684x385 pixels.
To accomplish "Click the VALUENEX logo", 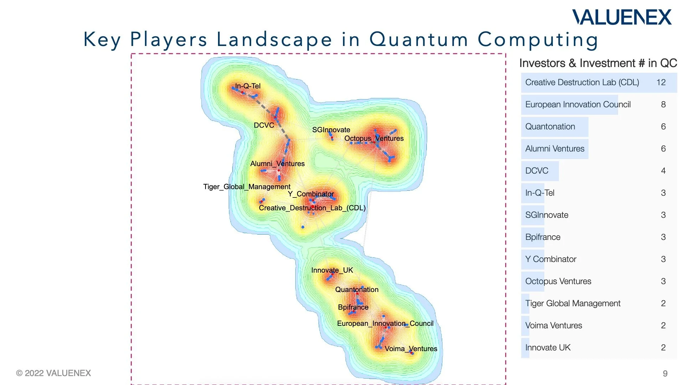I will point(622,17).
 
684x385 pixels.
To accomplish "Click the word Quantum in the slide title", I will point(419,39).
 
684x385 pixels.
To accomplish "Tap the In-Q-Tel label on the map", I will point(248,86).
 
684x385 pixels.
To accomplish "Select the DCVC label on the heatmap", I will point(264,125).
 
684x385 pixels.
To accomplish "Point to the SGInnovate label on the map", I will point(331,130).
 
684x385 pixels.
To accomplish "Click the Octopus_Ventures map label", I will point(374,138).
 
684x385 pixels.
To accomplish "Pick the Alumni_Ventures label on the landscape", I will point(277,164).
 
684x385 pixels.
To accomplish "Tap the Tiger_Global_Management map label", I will point(247,186).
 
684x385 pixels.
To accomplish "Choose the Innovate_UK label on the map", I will point(332,270).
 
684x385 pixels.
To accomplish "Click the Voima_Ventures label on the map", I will point(411,349).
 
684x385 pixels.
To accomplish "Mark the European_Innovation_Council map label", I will point(385,323).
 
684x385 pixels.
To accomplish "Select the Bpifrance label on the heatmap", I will point(353,307).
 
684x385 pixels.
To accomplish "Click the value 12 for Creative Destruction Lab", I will point(661,82).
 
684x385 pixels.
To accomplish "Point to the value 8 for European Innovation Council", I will point(663,104).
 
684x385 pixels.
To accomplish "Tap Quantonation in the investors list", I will point(550,127).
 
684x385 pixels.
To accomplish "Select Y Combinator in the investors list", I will point(551,259).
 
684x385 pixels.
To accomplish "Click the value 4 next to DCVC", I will point(663,171).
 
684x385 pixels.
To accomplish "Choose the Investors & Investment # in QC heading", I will point(598,63).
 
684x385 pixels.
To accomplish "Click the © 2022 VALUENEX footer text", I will point(53,373).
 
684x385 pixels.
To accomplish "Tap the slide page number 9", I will point(665,374).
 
